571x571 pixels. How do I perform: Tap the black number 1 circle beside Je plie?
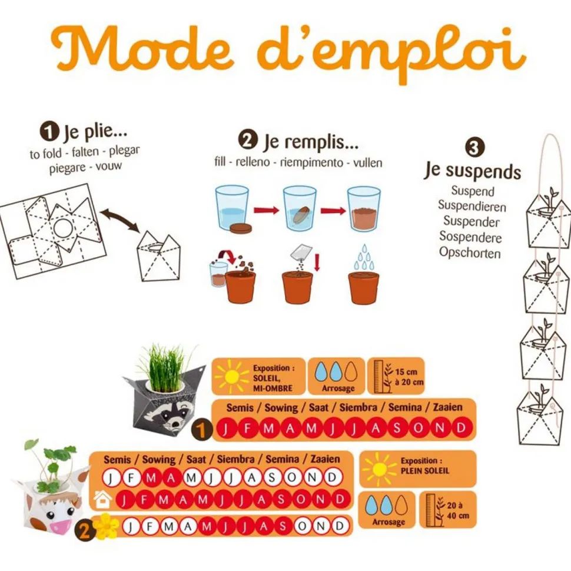tap(49, 132)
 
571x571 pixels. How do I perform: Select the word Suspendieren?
tap(472, 206)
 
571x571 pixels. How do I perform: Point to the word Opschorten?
tap(470, 253)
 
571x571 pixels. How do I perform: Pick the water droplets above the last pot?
tap(364, 257)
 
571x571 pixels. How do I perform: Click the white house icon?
tap(102, 499)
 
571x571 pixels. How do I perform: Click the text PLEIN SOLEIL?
tap(425, 470)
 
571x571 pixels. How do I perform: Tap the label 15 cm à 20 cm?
tap(409, 377)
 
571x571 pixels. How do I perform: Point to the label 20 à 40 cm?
tap(458, 510)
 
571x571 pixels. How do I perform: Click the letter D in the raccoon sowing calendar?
tap(461, 427)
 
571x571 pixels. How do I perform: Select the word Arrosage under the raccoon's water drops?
tap(338, 388)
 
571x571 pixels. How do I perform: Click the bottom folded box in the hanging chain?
tap(540, 419)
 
